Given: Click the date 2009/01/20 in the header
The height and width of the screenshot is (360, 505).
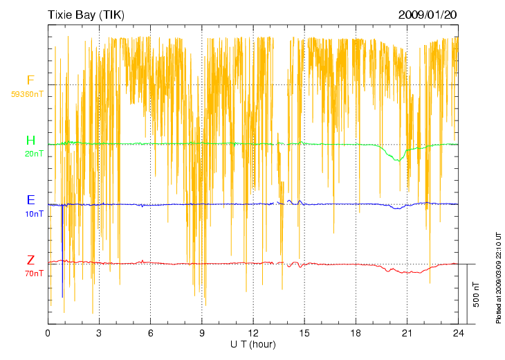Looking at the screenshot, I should click(428, 15).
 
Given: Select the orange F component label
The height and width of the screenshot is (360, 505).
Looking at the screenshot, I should click(30, 80).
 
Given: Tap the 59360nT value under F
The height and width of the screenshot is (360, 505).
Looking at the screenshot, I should click(27, 93).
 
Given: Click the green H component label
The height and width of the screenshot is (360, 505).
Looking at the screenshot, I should click(30, 141).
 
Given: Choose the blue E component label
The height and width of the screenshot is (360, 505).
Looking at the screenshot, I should click(30, 200).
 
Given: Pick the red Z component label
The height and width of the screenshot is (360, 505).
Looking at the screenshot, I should click(30, 260).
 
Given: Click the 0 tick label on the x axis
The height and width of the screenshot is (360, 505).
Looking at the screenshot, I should click(48, 334).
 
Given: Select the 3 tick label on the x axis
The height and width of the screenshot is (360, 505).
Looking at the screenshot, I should click(99, 334).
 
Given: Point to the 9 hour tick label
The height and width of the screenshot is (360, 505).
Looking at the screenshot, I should click(201, 334).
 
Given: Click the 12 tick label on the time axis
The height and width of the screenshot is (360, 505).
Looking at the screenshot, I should click(253, 334).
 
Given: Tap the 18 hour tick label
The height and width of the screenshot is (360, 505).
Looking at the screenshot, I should click(356, 334).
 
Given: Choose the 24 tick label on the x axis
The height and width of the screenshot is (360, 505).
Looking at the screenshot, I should click(458, 334).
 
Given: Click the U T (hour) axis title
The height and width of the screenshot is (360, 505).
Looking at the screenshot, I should click(253, 344).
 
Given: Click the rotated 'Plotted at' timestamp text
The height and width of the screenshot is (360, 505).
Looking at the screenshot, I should click(498, 277).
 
